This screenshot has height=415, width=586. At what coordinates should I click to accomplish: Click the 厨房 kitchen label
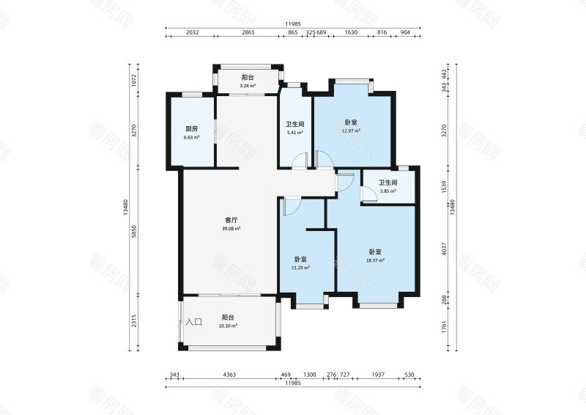point(191,129)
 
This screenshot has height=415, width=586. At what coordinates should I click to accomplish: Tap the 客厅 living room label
point(231,219)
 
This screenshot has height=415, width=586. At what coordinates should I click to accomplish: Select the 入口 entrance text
point(193,322)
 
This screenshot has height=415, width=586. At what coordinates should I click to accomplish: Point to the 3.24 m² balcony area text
point(248,87)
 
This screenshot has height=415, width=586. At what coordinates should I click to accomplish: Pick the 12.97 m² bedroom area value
point(351,131)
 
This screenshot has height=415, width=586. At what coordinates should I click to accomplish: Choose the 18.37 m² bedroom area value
point(376,260)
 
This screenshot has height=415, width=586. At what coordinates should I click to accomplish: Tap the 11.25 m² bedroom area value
point(300,268)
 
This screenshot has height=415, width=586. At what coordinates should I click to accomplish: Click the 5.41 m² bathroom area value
point(295,133)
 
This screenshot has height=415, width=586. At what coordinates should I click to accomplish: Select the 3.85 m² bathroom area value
point(387,191)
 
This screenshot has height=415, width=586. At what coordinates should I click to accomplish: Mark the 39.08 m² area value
point(231,228)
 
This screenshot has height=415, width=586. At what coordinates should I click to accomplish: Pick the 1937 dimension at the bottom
point(378,375)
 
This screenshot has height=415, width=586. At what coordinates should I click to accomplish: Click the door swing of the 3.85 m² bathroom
point(367,194)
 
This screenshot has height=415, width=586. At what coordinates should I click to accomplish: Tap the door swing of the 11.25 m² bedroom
point(291,206)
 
